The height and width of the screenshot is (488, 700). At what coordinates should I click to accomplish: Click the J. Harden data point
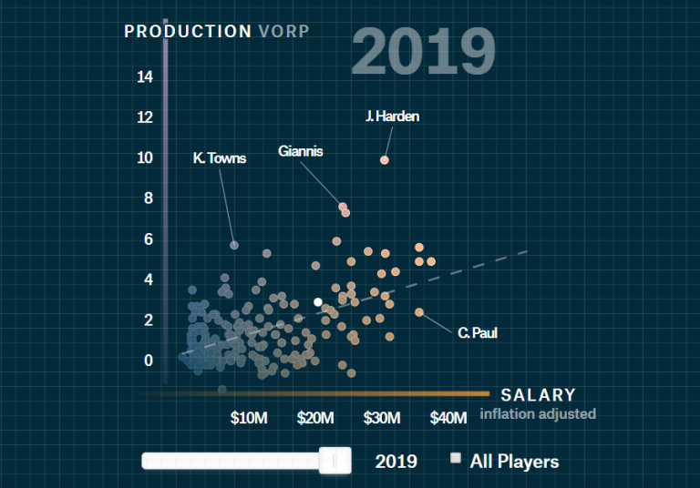[x=385, y=159]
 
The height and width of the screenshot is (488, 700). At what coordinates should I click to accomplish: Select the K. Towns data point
[x=234, y=245]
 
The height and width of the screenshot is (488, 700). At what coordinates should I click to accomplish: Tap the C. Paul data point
[x=419, y=312]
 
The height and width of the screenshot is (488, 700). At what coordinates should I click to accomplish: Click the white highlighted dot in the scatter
[x=318, y=301]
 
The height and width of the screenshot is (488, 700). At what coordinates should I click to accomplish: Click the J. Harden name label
[x=392, y=117]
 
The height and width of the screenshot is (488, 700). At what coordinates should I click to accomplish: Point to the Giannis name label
[x=301, y=151]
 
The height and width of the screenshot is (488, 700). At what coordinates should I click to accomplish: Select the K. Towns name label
[x=220, y=158]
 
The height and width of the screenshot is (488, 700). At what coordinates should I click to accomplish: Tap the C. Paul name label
[x=478, y=333]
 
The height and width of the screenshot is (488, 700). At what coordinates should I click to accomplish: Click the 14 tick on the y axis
[x=145, y=76]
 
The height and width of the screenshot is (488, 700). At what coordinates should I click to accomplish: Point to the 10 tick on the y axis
[x=145, y=158]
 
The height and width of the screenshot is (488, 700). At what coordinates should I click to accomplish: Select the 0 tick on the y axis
[x=149, y=361]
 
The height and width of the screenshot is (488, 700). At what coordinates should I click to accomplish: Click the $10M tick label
[x=249, y=418]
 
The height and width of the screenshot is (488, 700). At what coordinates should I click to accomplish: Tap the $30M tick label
[x=382, y=418]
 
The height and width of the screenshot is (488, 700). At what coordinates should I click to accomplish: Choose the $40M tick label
[x=448, y=418]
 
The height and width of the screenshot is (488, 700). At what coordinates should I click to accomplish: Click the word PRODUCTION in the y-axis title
[x=188, y=32]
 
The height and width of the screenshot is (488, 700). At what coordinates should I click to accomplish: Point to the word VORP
[x=283, y=32]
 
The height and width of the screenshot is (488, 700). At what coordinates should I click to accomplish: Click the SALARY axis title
[x=538, y=395]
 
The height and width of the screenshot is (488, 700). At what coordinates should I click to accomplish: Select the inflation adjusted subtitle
[x=538, y=414]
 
